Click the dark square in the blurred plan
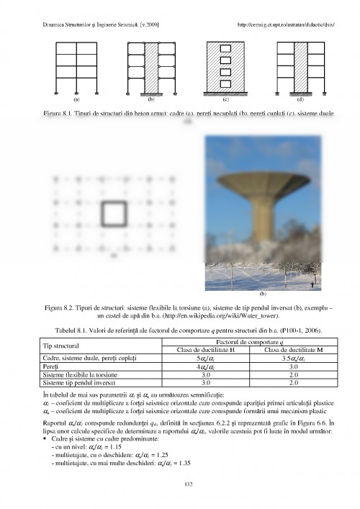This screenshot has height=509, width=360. coord(112,215)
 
